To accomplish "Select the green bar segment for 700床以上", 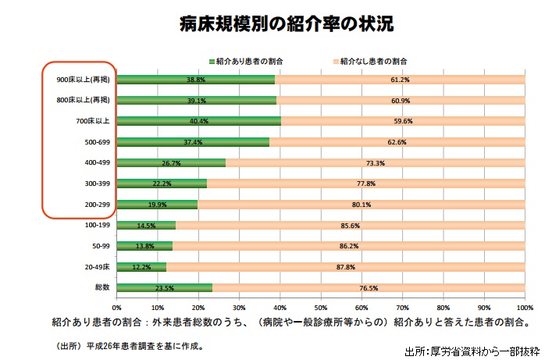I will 198,121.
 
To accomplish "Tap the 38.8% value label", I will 196,80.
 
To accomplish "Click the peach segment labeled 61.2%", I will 400,80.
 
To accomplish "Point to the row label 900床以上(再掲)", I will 84,80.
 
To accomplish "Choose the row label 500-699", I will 98,142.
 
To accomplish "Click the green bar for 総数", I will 165,288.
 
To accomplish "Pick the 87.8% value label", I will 345,267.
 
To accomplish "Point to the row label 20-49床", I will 97,267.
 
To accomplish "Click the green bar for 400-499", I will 171,163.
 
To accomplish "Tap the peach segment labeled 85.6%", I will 350,226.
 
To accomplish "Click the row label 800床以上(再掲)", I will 84,100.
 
